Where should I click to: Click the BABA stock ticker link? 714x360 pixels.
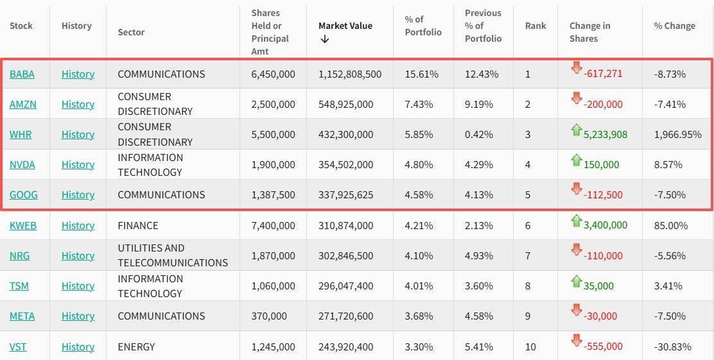point(22,74)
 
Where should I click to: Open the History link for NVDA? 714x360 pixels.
point(78,164)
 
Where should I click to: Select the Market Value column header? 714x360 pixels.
point(345,26)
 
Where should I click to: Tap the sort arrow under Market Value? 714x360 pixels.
point(324,39)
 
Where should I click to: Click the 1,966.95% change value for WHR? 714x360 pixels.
point(677,134)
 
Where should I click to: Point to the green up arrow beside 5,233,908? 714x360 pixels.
point(576,130)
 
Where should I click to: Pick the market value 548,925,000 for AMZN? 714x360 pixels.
point(345,104)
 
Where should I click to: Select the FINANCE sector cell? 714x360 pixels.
point(137,225)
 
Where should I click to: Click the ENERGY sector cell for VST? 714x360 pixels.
point(136,347)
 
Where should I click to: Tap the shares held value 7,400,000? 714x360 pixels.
point(273,225)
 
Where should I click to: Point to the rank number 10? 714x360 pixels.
point(530,347)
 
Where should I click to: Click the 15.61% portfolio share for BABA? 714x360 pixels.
point(421,74)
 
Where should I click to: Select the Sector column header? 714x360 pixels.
point(131,32)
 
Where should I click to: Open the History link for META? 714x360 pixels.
point(78,316)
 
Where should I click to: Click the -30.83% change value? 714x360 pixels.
point(672,347)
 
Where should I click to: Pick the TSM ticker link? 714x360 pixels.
point(19,286)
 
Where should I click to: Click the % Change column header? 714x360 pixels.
point(674,26)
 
